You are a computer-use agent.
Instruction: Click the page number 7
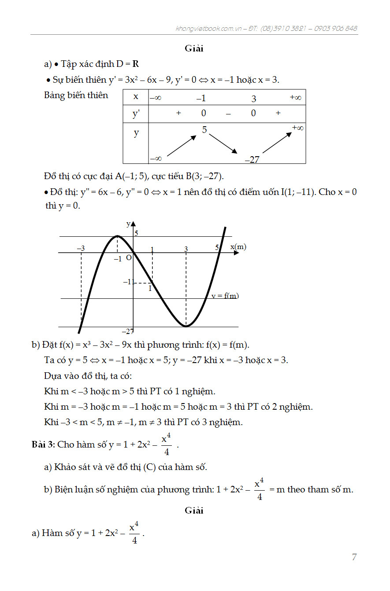coord(354,557)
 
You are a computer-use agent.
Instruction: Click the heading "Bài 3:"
coord(43,444)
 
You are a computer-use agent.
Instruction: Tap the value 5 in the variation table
coord(204,130)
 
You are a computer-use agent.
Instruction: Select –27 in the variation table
coord(252,160)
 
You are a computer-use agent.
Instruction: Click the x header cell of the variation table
coord(136,96)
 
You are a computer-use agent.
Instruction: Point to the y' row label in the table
coord(136,114)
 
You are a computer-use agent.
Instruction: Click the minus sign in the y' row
coord(228,113)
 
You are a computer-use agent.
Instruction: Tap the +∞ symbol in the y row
coord(298,128)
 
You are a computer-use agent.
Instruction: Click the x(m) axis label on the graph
coord(238,247)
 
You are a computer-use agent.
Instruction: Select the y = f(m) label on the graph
coord(225,296)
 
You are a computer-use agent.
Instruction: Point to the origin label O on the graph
coord(129,258)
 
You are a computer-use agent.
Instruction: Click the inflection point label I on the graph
coord(150,289)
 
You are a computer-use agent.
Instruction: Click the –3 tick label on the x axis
coord(81,249)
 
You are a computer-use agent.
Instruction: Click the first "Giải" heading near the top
coord(194,48)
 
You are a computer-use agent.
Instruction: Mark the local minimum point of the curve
coord(186,326)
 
